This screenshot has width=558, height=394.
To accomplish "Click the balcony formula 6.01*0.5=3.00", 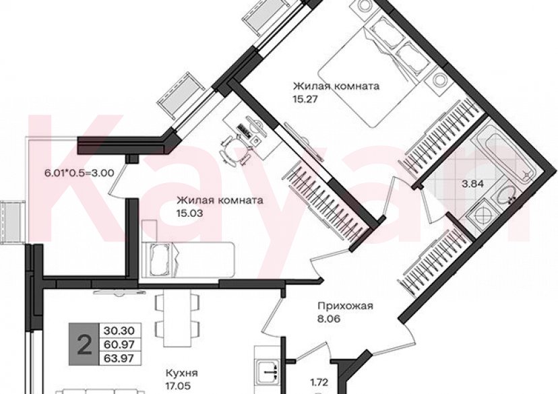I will (79, 172).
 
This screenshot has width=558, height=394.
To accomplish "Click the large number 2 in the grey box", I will (85, 345).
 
